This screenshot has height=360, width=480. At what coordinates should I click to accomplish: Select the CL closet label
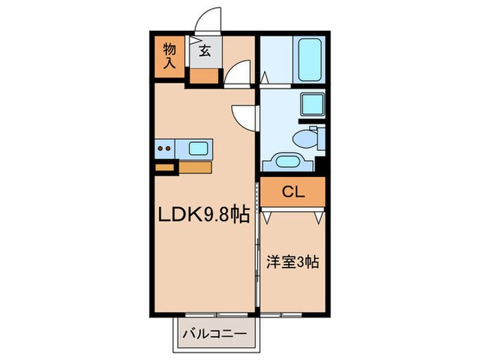[x=293, y=191]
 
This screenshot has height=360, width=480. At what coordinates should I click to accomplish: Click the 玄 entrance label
[x=204, y=50]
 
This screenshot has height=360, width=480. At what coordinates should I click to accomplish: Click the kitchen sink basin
[x=200, y=147]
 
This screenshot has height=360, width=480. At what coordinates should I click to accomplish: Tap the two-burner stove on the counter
[x=165, y=147]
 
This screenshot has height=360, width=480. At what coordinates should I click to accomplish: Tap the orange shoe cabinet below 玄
[x=204, y=75]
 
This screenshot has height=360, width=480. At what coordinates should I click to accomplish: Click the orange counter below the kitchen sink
[x=195, y=165]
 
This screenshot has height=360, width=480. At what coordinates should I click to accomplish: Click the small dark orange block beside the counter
[x=165, y=165]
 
